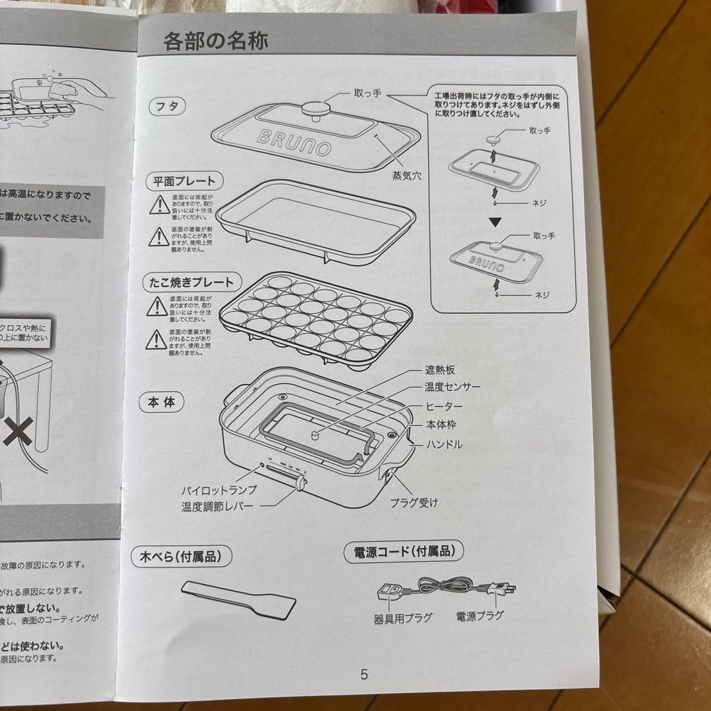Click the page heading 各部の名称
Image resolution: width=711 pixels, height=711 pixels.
pyautogui.click(x=215, y=42)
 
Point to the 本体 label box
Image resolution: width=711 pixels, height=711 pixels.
pyautogui.click(x=161, y=402)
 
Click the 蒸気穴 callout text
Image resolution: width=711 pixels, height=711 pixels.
pyautogui.click(x=407, y=176)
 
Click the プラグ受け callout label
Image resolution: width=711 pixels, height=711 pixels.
pyautogui.click(x=413, y=503)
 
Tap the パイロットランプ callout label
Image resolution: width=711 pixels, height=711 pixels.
pyautogui.click(x=219, y=490)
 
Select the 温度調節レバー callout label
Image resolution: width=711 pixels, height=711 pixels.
pyautogui.click(x=219, y=508)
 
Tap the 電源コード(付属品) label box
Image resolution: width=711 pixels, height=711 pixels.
pyautogui.click(x=402, y=552)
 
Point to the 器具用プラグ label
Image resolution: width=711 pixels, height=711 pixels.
pyautogui.click(x=403, y=619)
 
